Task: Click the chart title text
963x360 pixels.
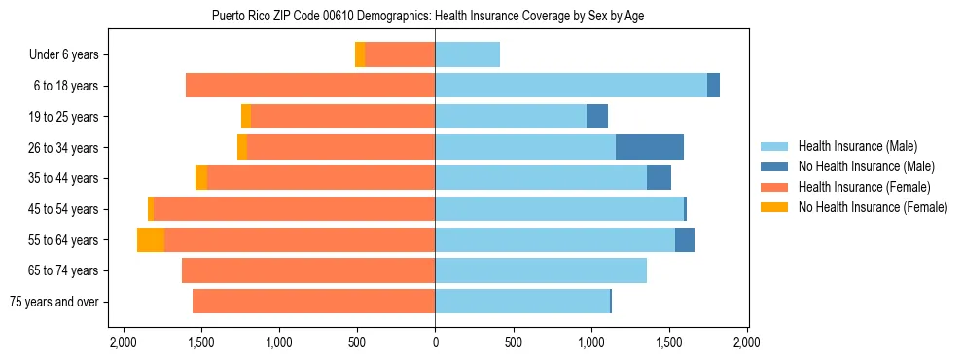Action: tap(427, 17)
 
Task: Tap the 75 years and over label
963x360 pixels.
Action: tap(54, 302)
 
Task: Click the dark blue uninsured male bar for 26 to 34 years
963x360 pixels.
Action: tap(650, 147)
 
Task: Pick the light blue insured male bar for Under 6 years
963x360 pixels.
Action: tap(467, 54)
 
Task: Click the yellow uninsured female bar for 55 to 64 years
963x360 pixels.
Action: tap(151, 239)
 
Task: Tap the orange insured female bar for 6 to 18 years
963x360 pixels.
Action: tap(310, 86)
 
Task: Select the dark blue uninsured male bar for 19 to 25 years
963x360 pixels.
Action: tap(597, 117)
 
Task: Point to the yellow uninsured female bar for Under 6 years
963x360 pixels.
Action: tap(360, 54)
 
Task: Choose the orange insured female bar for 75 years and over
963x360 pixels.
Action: tap(313, 302)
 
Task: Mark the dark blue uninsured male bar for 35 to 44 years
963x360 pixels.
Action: tap(659, 178)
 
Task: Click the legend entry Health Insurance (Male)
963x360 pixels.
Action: tap(851, 147)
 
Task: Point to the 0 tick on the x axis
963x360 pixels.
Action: tap(435, 342)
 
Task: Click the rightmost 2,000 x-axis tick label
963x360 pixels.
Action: tap(746, 342)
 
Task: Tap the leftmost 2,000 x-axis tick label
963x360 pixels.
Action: tap(124, 342)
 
